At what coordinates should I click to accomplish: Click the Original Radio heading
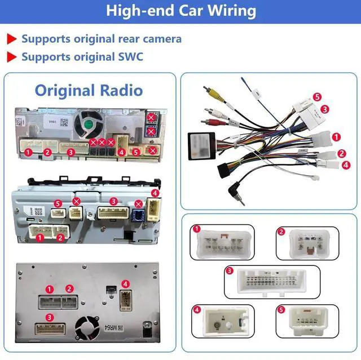[89, 90]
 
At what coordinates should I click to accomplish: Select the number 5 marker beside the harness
[317, 97]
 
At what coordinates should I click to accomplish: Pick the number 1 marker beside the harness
[336, 136]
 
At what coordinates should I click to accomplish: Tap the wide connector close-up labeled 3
[271, 282]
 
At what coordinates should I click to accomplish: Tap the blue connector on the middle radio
[138, 214]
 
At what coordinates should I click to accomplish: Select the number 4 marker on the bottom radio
[126, 284]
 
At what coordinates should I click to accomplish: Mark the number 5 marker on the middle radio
[57, 203]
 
